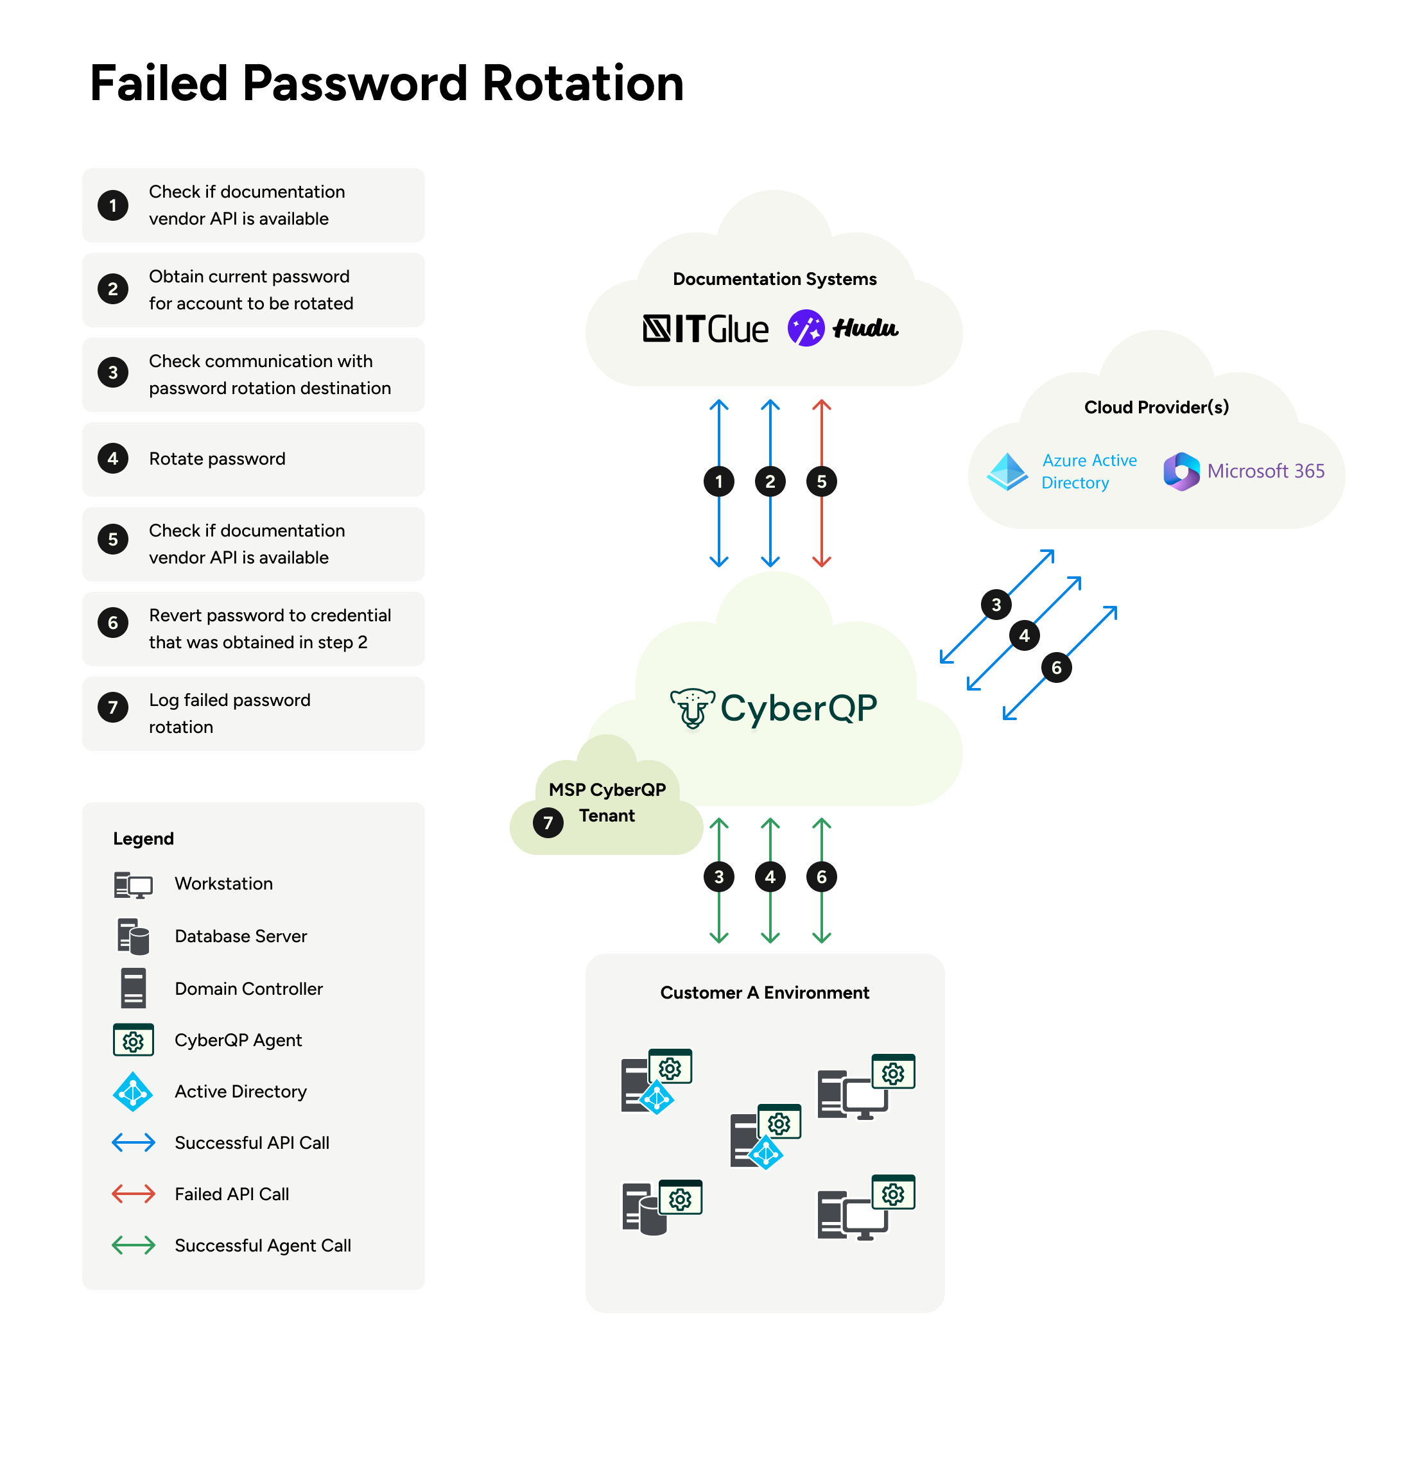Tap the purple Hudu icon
(x=806, y=328)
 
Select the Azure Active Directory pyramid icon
(x=1007, y=471)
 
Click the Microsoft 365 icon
(x=1181, y=471)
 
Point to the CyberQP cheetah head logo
(x=691, y=707)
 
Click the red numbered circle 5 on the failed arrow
(x=821, y=482)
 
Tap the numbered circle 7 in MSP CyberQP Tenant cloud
(x=548, y=823)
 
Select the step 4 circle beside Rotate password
(x=113, y=459)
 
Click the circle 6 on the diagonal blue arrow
(x=1056, y=667)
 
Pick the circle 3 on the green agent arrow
(x=719, y=877)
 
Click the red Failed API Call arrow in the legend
(x=134, y=1194)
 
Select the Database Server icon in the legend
(x=134, y=936)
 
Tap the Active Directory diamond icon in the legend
(x=134, y=1092)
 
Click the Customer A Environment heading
(x=765, y=993)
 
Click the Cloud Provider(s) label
(x=1156, y=408)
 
